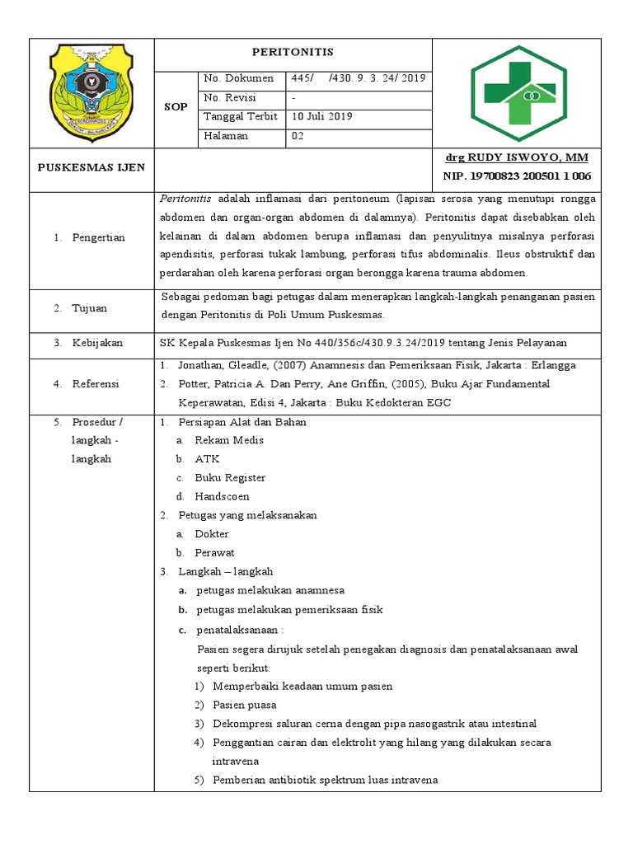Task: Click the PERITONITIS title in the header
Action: click(x=293, y=52)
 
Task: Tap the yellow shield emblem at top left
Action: click(x=91, y=91)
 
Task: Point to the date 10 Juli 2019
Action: click(x=322, y=117)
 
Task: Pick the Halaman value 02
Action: click(x=298, y=136)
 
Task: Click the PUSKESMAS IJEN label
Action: click(x=91, y=167)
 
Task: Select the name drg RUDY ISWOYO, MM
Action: click(x=516, y=158)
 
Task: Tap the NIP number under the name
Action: click(x=516, y=176)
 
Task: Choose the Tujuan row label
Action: click(x=91, y=308)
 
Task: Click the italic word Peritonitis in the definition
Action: click(x=185, y=199)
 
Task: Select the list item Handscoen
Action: click(x=222, y=496)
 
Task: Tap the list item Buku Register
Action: click(x=230, y=477)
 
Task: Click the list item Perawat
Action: click(x=214, y=552)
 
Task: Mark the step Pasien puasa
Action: click(x=244, y=705)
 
